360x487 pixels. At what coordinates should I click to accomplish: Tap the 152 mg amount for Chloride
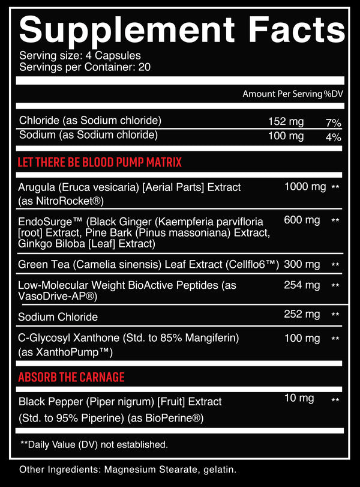(x=286, y=122)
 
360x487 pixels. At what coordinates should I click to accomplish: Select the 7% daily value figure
(x=334, y=123)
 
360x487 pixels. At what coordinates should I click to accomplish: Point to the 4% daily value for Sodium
(x=334, y=137)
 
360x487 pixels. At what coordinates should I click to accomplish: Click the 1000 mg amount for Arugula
(x=305, y=187)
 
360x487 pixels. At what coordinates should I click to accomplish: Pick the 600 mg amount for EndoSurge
(x=302, y=220)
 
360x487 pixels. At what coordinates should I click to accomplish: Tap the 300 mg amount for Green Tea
(x=302, y=264)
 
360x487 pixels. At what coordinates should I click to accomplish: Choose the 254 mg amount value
(x=302, y=285)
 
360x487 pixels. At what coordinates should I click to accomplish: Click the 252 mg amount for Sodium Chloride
(x=302, y=313)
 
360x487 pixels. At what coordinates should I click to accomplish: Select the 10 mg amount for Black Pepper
(x=299, y=398)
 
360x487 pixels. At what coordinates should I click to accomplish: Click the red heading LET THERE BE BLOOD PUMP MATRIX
(x=100, y=163)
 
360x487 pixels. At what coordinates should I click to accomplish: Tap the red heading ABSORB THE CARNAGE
(x=71, y=377)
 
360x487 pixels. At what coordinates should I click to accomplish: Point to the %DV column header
(x=332, y=94)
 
